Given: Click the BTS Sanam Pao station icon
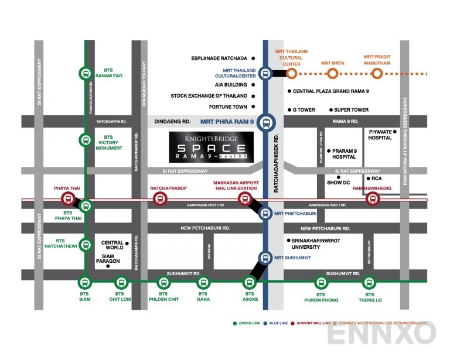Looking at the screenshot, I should pyautogui.click(x=86, y=74).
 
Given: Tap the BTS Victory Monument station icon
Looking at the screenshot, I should pyautogui.click(x=86, y=140).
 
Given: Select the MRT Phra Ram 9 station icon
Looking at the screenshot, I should pyautogui.click(x=265, y=122).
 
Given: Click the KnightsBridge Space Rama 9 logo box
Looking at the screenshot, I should pyautogui.click(x=211, y=146).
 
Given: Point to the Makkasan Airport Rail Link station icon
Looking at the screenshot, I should pyautogui.click(x=244, y=199).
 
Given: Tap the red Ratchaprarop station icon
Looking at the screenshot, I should pyautogui.click(x=159, y=199).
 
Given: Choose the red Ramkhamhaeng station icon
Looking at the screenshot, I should pyautogui.click(x=371, y=199).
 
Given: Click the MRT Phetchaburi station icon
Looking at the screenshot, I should pyautogui.click(x=265, y=214).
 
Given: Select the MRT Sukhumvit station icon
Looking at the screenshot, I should pyautogui.click(x=265, y=257).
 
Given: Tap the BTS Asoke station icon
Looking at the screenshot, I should pyautogui.click(x=250, y=283).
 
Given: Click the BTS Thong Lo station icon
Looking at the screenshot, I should pyautogui.click(x=369, y=283).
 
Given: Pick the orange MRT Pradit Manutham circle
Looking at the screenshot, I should pyautogui.click(x=377, y=74).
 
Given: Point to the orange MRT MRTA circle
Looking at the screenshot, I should pyautogui.click(x=332, y=74).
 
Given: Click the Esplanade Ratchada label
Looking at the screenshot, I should pyautogui.click(x=220, y=59).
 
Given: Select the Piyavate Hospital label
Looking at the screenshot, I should pyautogui.click(x=380, y=135).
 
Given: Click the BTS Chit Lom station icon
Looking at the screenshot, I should pyautogui.click(x=120, y=283).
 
